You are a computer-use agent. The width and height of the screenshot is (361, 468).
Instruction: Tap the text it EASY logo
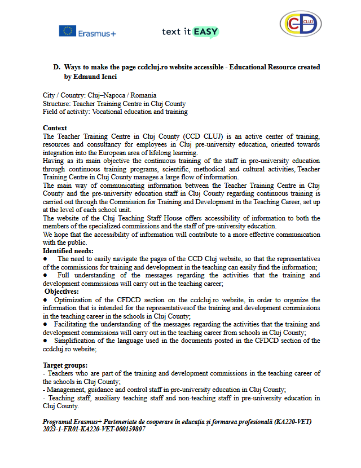pos(190,32)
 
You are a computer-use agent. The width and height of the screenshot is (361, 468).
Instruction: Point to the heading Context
pos(55,128)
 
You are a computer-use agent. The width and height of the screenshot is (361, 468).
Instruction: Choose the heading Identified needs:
pos(68,250)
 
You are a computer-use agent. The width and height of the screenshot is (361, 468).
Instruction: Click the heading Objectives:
pos(62,291)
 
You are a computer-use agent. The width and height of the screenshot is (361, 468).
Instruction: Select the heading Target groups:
pos(65,365)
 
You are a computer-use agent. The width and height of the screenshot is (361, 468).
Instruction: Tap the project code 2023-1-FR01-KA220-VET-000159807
pos(94,429)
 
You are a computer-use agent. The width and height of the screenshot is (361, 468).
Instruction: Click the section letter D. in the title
pos(57,67)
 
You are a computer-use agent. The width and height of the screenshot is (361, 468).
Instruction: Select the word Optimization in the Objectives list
pos(73,300)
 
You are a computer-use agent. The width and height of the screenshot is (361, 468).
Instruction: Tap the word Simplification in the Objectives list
pos(77,341)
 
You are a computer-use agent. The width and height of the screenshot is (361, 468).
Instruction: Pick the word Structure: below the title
pos(58,104)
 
